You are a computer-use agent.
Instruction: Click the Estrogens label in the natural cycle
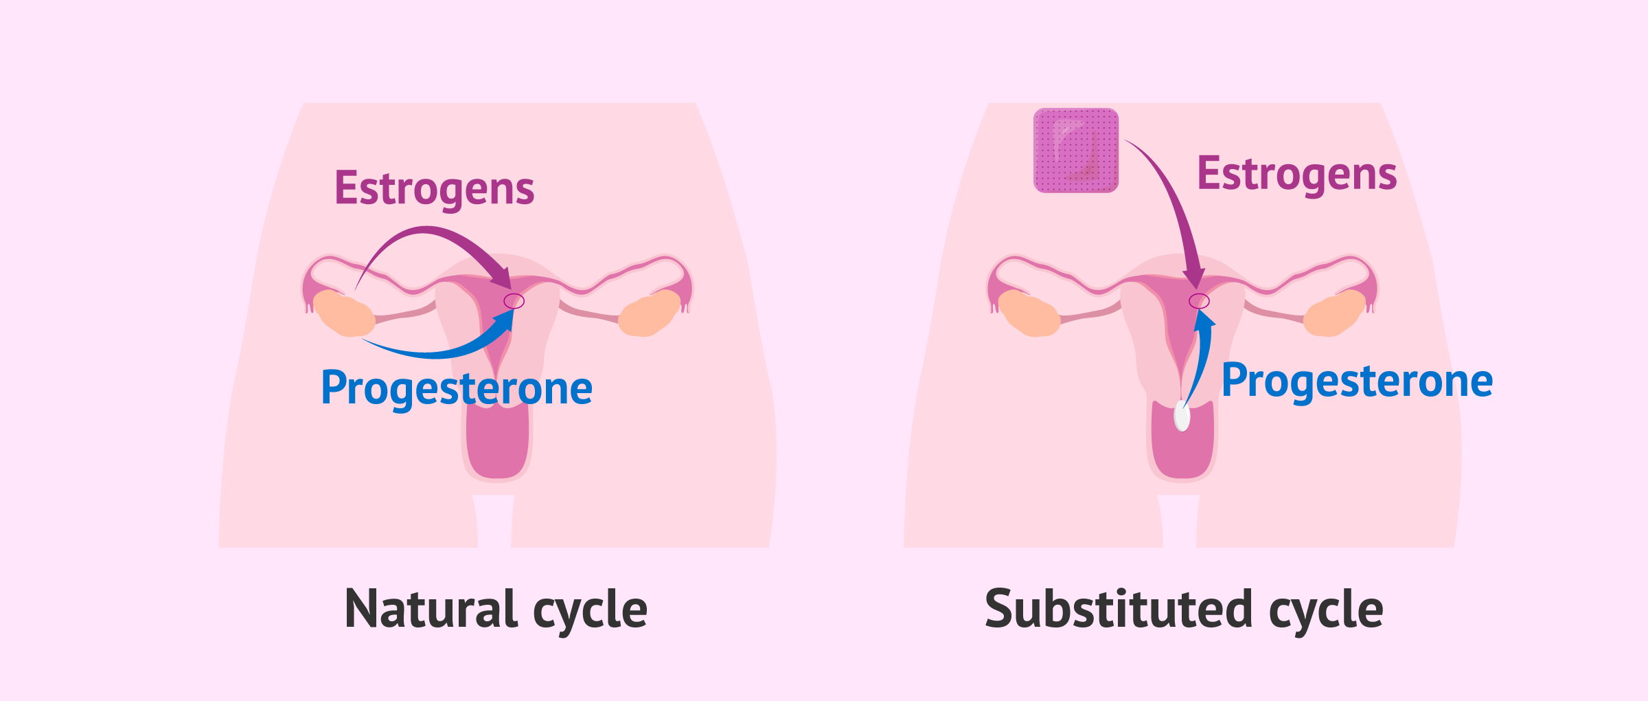click(434, 188)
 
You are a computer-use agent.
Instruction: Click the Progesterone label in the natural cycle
click(457, 388)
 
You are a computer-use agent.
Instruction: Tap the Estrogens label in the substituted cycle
click(1296, 173)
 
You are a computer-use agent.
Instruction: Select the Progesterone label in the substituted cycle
click(1357, 381)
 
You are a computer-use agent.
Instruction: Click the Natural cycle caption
click(496, 609)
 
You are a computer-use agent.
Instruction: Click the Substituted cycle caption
click(1184, 609)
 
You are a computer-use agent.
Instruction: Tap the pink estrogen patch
click(1075, 150)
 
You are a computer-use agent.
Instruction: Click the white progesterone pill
click(1182, 415)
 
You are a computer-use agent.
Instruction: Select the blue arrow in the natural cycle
click(439, 353)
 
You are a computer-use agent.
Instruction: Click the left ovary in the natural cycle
click(343, 313)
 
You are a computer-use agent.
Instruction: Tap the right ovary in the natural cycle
click(650, 313)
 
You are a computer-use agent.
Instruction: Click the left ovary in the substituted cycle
click(1029, 313)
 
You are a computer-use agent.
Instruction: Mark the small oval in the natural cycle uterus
click(514, 301)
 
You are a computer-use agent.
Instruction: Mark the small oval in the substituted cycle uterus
click(1199, 301)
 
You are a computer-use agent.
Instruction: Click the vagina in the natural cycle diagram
click(498, 443)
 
